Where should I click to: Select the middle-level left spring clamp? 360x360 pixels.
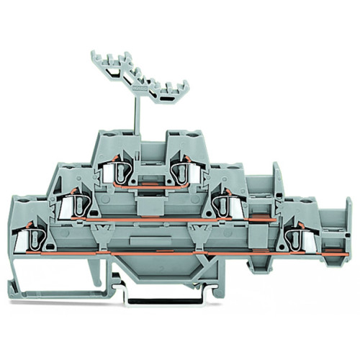(x=72, y=205)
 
